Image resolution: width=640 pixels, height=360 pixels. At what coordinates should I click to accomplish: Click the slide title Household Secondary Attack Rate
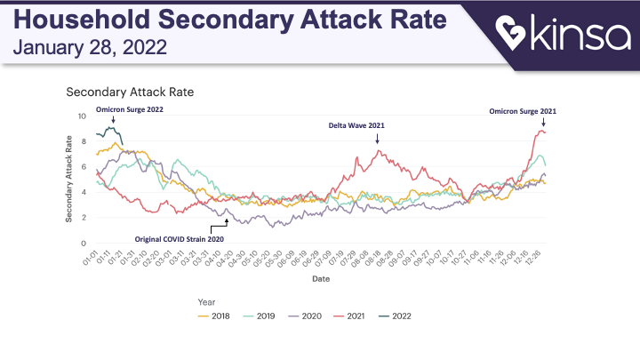[x=230, y=19]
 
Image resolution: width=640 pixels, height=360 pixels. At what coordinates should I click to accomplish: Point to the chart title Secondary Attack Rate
[x=130, y=92]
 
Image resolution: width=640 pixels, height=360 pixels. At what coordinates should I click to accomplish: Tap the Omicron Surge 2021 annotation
[x=524, y=111]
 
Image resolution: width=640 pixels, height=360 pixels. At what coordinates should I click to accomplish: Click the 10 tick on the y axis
[x=83, y=116]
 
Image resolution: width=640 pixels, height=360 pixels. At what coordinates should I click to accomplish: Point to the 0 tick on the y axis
[x=84, y=244]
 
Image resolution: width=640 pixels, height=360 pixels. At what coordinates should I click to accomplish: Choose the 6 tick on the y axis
[x=84, y=167]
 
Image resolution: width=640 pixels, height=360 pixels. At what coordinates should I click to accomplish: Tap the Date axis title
[x=322, y=278]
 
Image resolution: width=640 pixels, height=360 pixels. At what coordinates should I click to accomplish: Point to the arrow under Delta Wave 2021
[x=377, y=139]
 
